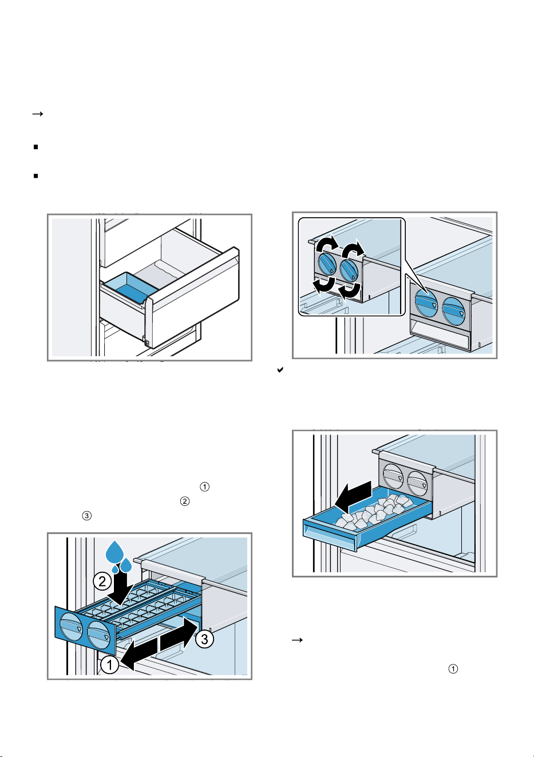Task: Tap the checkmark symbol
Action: click(x=280, y=370)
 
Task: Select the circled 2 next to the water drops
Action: click(x=102, y=581)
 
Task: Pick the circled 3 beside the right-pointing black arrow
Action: click(x=204, y=639)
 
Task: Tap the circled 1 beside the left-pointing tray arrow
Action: click(x=109, y=665)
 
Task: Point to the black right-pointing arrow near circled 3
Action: click(x=179, y=632)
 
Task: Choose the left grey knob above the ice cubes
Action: click(x=393, y=476)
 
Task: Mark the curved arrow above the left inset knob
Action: click(x=327, y=244)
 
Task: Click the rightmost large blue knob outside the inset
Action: click(x=454, y=310)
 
